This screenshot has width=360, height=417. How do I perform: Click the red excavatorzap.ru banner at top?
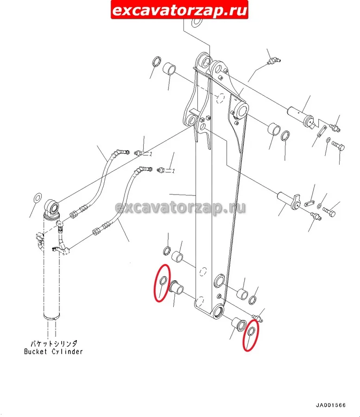coord(179,10)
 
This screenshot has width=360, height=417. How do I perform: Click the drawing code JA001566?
coord(330,405)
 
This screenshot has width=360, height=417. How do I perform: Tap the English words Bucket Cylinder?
coord(53,352)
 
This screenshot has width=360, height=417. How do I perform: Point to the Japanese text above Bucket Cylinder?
coord(54,344)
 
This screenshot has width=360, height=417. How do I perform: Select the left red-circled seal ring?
coord(163,280)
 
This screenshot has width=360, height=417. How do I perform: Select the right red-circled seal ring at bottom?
coord(251,331)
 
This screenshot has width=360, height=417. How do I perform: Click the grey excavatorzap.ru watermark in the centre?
coord(180,208)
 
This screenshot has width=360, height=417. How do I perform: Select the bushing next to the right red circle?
coord(240,324)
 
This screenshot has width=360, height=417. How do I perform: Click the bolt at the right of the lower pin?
coord(329,211)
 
